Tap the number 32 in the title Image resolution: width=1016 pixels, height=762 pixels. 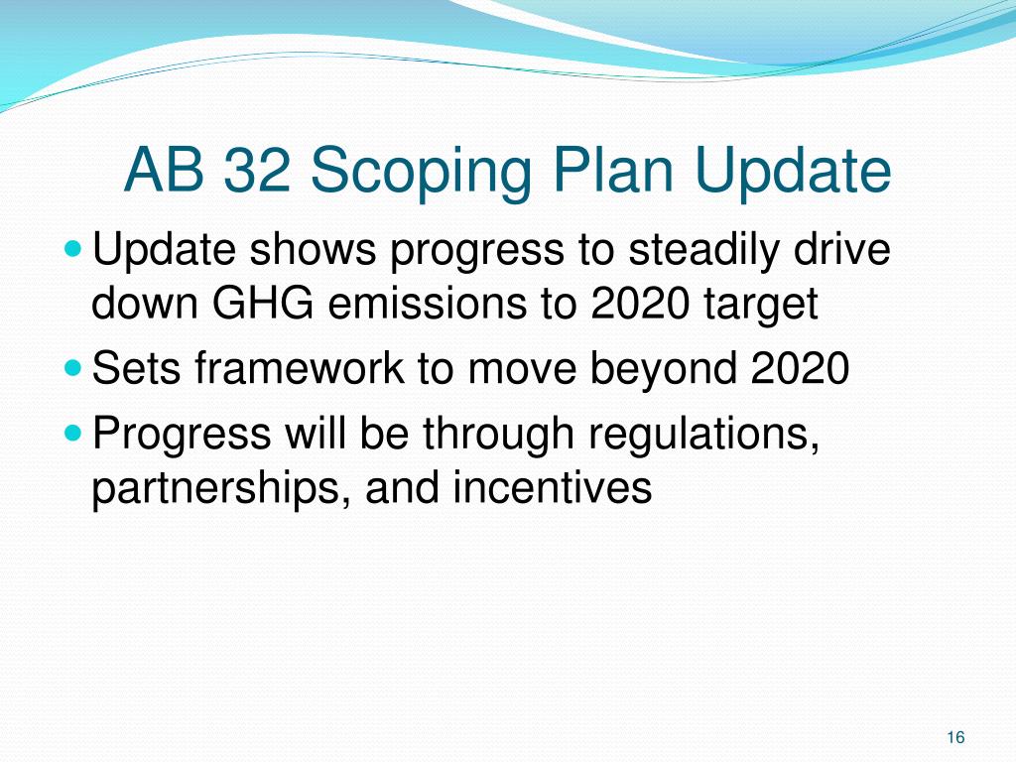click(x=260, y=171)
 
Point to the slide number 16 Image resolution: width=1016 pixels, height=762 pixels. click(x=955, y=736)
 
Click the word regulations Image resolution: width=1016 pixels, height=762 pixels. click(x=715, y=435)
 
